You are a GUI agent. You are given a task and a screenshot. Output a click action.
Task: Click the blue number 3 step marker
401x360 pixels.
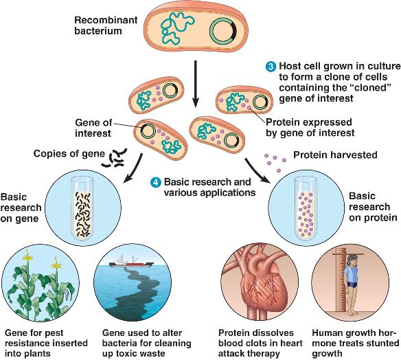[271, 67]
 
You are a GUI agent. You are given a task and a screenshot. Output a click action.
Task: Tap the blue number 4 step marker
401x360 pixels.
[156, 183]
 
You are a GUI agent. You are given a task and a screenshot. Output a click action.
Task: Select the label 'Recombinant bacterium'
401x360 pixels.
[106, 25]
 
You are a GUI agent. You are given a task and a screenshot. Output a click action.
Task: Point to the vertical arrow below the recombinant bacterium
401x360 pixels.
[196, 84]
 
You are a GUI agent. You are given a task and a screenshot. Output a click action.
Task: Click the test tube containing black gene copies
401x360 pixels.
[82, 209]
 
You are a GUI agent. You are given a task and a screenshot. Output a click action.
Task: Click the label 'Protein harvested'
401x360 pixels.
[335, 155]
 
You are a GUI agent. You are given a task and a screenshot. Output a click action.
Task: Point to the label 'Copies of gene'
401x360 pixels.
[69, 153]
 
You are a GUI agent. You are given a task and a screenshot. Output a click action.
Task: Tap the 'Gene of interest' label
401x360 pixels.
[93, 128]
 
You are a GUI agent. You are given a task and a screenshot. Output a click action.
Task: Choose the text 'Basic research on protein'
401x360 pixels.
[373, 207]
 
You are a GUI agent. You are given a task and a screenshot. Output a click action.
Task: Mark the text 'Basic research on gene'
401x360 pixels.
[21, 207]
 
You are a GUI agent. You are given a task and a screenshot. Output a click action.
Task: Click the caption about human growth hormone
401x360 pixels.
[356, 343]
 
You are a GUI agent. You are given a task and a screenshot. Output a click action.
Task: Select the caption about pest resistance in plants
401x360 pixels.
[46, 343]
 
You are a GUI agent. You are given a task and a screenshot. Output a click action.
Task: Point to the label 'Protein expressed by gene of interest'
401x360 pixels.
[310, 127]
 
